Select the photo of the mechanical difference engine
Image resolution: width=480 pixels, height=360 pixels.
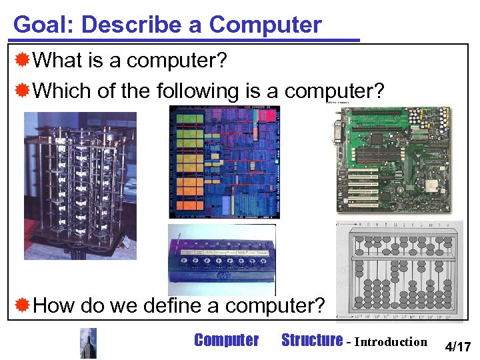pyautogui.click(x=80, y=185)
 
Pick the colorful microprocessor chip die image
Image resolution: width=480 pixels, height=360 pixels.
pyautogui.click(x=224, y=162)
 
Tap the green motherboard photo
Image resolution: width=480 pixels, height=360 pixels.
pyautogui.click(x=392, y=159)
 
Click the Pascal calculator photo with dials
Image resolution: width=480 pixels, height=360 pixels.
pyautogui.click(x=221, y=260)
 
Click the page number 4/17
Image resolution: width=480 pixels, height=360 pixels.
pyautogui.click(x=458, y=347)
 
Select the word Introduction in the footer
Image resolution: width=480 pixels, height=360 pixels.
pyautogui.click(x=391, y=342)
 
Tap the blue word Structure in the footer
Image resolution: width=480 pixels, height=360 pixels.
pyautogui.click(x=311, y=341)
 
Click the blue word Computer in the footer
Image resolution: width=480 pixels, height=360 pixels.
pyautogui.click(x=226, y=341)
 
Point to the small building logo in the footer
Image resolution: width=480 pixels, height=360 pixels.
pyautogui.click(x=88, y=343)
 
